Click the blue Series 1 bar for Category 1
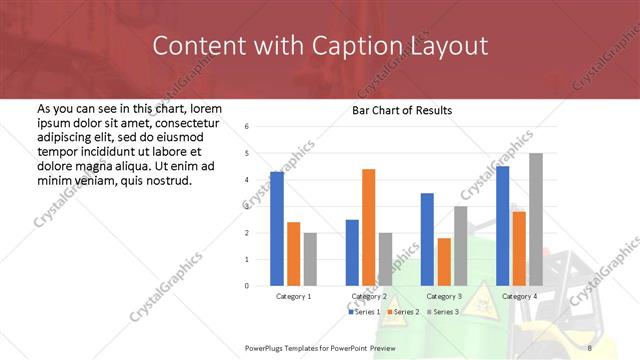tap(277, 229)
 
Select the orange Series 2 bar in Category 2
tap(368, 227)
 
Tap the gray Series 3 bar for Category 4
tap(536, 219)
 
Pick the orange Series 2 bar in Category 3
tap(444, 262)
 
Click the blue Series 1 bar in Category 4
tap(502, 226)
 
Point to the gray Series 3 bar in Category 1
tap(310, 259)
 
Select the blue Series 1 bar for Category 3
tap(427, 239)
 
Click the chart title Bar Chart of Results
tap(402, 110)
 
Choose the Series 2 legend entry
tap(402, 312)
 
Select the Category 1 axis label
tap(293, 297)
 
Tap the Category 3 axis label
tap(443, 297)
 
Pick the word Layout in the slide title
tap(450, 46)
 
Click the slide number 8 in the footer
tap(590, 347)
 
